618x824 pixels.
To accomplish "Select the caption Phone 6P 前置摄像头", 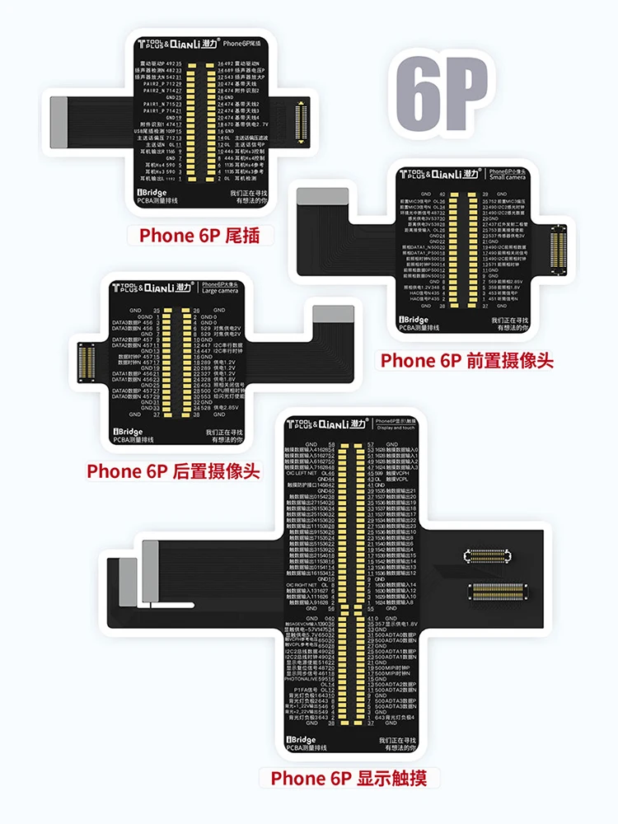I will click(466, 360).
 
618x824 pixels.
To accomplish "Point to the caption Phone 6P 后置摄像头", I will click(173, 471).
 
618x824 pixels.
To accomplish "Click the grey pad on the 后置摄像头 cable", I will click(332, 314).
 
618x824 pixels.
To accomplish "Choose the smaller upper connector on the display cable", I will click(494, 555).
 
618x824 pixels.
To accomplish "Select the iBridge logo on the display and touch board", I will click(306, 740).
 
